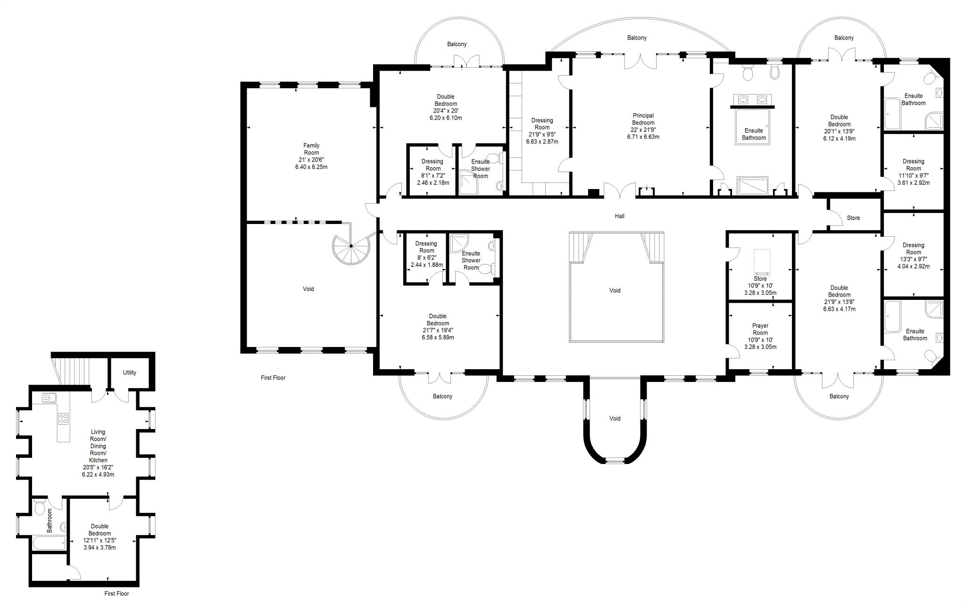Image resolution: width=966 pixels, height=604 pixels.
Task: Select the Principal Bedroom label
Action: [x=643, y=119]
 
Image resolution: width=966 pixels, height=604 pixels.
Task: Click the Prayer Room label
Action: [x=760, y=329]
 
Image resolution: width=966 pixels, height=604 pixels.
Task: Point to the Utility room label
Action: [x=130, y=372]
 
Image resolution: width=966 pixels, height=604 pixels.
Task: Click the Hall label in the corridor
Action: [x=619, y=216]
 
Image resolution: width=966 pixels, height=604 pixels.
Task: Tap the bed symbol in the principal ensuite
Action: [x=753, y=126]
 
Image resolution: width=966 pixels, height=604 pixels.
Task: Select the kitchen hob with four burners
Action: [x=63, y=418]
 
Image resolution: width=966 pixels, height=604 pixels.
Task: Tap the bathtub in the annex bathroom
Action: [x=49, y=543]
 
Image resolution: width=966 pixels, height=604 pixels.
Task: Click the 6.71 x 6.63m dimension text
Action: [x=643, y=137]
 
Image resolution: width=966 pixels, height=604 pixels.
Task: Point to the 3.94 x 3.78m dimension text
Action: [x=100, y=547]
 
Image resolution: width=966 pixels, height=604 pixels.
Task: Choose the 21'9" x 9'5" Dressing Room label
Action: [x=542, y=124]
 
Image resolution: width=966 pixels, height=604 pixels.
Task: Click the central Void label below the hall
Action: [x=615, y=290]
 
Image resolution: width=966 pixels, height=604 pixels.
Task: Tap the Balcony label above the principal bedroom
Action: [x=637, y=38]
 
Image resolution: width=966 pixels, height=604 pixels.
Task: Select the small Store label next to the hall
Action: [x=853, y=218]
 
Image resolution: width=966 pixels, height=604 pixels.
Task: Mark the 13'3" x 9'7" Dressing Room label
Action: [x=913, y=248]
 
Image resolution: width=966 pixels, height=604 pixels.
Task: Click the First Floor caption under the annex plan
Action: [x=117, y=594]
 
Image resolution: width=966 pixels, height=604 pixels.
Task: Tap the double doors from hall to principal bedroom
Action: [x=620, y=191]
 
